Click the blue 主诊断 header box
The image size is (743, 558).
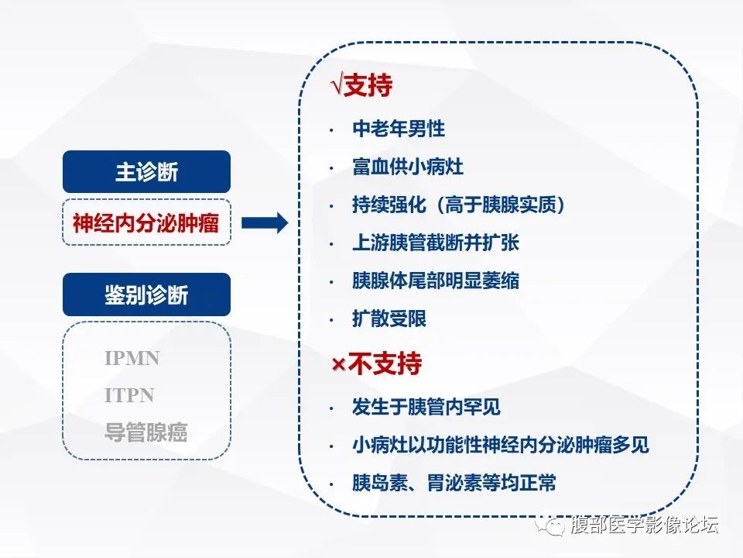pos(146,172)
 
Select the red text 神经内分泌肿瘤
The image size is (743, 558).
pos(146,224)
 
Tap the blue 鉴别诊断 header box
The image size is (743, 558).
pos(146,294)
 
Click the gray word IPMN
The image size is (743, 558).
pos(132,359)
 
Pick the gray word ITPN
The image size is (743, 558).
pos(129,395)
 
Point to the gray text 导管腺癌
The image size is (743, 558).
pos(146,432)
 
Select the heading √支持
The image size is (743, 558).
pos(361,86)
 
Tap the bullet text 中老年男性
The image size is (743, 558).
pos(399,129)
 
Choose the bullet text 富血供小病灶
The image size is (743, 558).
pos(408,167)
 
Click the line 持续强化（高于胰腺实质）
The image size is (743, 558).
pos(459,205)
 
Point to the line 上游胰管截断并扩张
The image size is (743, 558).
pos(435,243)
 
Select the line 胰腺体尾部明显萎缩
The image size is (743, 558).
pos(435,281)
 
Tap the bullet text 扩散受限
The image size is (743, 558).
pos(389,319)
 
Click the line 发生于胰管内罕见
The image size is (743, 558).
pos(426,407)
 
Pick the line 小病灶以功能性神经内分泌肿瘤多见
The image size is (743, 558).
pos(500,445)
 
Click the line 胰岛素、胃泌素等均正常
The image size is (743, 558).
pos(454,483)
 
